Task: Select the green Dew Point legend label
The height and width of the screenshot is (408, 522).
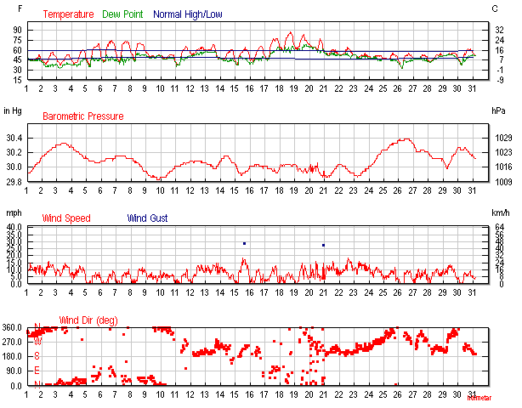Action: pos(124,14)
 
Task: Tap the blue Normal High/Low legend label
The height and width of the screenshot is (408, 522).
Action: pos(190,14)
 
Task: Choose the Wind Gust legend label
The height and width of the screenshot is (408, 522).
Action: pos(147,218)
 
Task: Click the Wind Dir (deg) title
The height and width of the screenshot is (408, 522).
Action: pos(88,320)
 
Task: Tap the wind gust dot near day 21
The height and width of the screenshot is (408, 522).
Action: pos(323,245)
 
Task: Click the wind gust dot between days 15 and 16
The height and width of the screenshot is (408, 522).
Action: pos(244,243)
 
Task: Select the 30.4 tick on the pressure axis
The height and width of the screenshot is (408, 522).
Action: pos(14,138)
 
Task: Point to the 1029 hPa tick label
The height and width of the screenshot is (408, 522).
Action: pos(502,138)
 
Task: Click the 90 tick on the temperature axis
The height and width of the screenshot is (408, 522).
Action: pos(16,29)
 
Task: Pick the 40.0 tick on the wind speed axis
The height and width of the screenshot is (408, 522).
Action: pos(14,227)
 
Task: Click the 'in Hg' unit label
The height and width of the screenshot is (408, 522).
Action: pos(13,111)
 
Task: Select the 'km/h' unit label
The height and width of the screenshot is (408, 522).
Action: pos(500,213)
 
